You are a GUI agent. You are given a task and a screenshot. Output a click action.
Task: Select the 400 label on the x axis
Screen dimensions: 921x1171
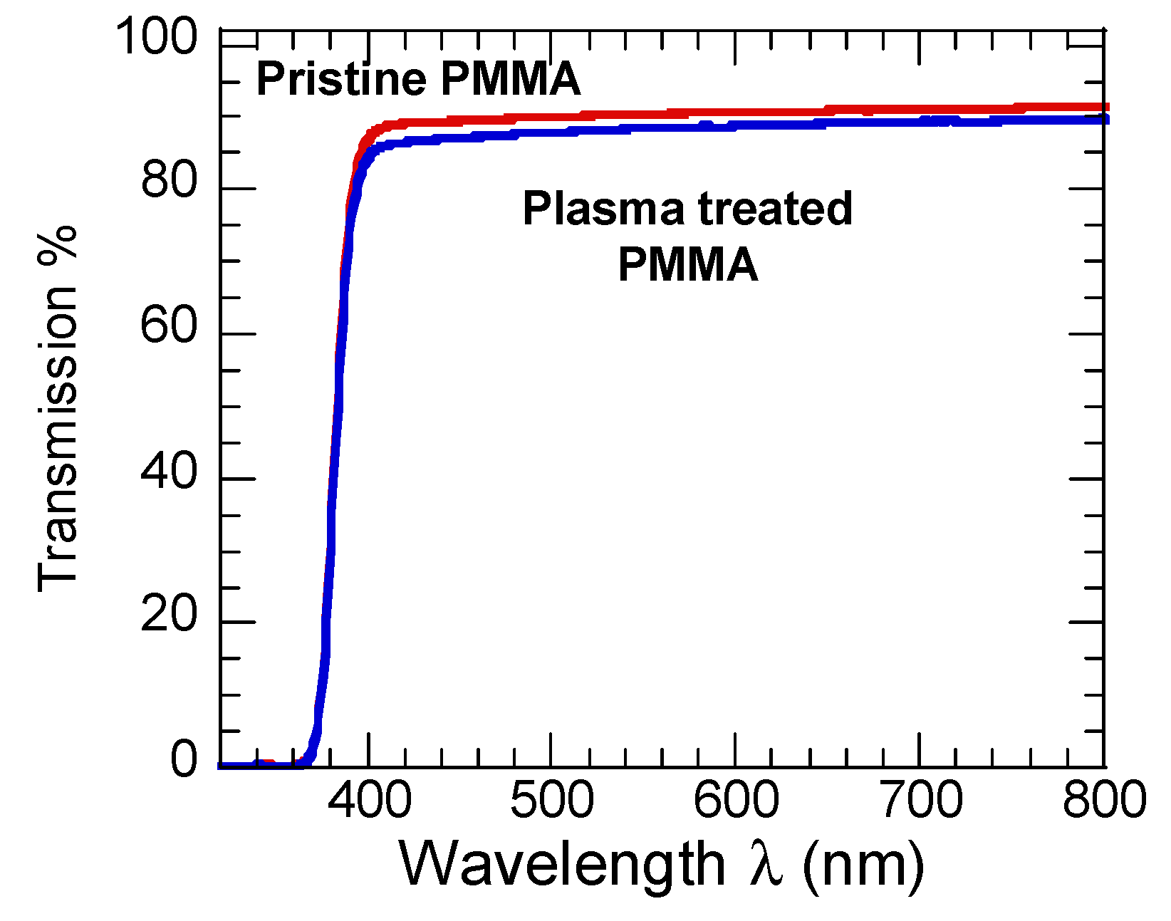[369, 799]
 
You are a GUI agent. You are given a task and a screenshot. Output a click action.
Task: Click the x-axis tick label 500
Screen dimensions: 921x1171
[552, 799]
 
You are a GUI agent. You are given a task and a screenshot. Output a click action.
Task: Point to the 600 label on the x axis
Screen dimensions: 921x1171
[736, 799]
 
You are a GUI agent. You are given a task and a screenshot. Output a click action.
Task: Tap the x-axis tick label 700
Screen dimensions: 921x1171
[921, 799]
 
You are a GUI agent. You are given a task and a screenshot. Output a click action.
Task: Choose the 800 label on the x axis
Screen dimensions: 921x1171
[1104, 799]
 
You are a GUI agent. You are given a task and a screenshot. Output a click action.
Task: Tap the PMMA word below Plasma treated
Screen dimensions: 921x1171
[687, 265]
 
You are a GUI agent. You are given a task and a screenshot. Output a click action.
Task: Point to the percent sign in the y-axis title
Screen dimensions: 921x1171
[57, 246]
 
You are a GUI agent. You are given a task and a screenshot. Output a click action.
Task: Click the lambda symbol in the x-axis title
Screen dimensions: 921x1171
[766, 863]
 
